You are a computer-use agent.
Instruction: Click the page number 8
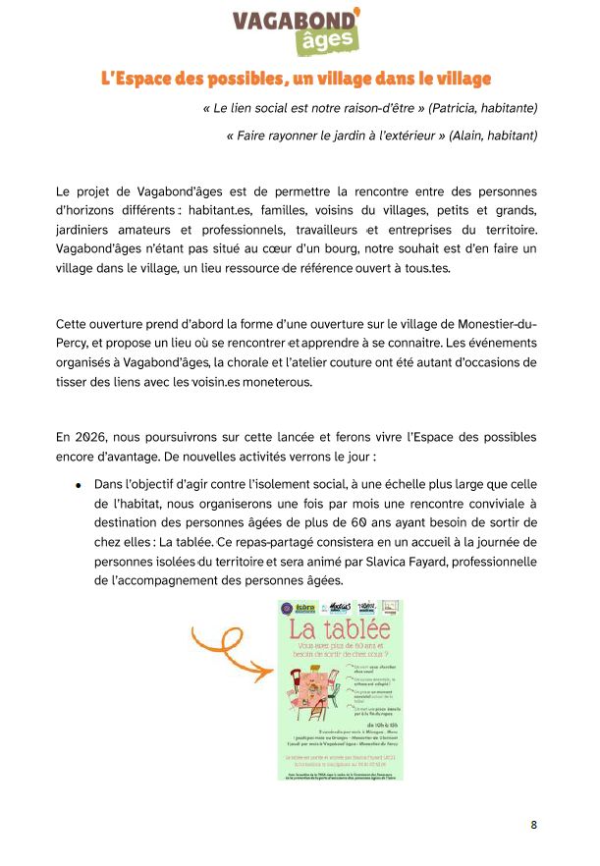[x=534, y=825]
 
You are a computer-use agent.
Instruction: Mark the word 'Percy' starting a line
[x=73, y=344]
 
